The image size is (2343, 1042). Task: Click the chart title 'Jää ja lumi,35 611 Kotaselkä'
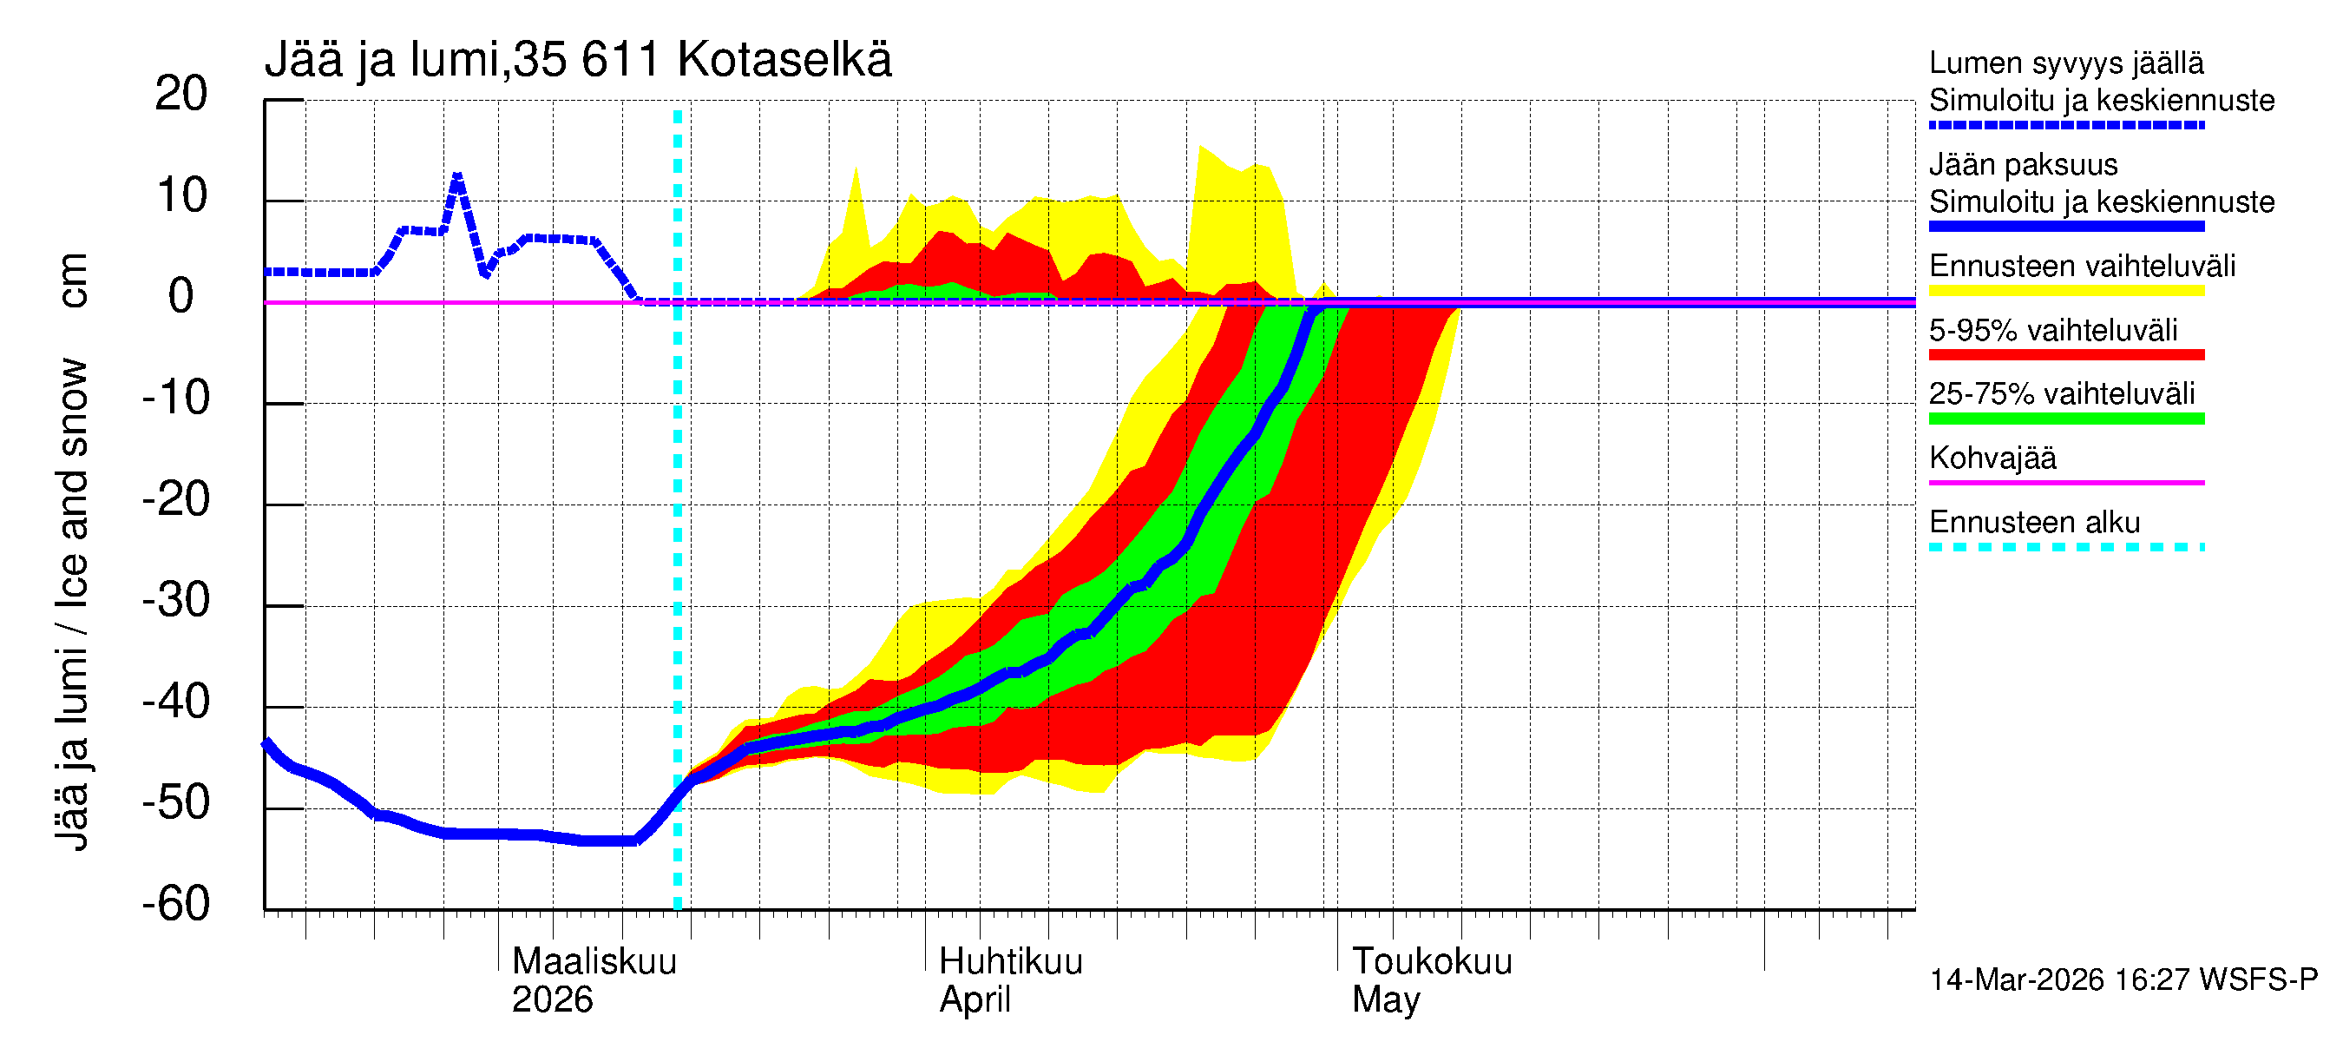[578, 60]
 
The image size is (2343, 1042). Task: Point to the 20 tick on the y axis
[181, 94]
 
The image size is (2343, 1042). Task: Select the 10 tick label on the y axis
[181, 195]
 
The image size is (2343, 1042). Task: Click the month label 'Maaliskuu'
[594, 962]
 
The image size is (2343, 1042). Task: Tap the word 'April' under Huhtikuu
[975, 1000]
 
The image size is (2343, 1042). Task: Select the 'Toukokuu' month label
[1432, 962]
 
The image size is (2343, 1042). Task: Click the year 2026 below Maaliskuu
[552, 1000]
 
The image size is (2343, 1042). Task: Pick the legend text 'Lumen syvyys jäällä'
[2065, 63]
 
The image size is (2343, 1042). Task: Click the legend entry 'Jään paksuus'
[2023, 165]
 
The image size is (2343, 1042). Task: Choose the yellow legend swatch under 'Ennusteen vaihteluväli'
[2065, 291]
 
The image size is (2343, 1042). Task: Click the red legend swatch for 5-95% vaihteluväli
[2065, 355]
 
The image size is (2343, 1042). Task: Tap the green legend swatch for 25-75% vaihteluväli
[2065, 419]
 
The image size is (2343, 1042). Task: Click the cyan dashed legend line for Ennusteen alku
[2065, 547]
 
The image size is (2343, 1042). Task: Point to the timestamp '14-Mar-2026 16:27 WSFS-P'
[2123, 980]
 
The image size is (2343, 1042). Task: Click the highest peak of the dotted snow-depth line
[456, 175]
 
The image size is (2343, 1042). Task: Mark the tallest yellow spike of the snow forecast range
[1202, 147]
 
